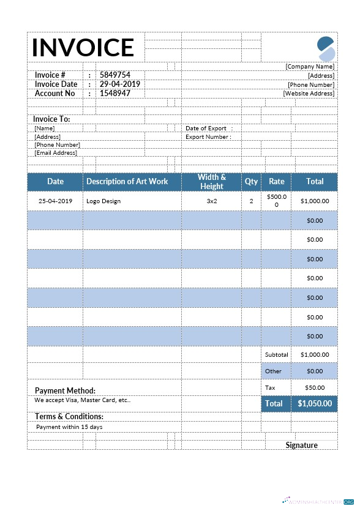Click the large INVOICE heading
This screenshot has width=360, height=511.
click(83, 47)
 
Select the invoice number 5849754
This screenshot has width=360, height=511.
click(115, 75)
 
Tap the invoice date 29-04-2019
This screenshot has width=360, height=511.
click(120, 84)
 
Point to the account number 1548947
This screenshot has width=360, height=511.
click(115, 94)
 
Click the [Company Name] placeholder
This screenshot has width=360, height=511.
click(310, 66)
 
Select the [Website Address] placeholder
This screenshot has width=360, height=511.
click(309, 94)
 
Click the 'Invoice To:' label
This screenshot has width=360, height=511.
click(51, 119)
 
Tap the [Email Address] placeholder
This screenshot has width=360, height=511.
click(56, 153)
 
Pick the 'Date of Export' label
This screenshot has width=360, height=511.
click(206, 129)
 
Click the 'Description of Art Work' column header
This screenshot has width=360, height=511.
click(127, 182)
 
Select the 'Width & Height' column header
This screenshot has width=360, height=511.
click(212, 182)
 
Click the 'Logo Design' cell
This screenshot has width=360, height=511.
click(103, 201)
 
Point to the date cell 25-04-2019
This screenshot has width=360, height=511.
click(55, 201)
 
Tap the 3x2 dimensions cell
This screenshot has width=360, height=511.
click(212, 201)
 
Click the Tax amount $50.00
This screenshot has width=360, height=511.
click(315, 387)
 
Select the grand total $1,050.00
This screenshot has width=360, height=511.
click(315, 404)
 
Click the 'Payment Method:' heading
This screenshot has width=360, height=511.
click(65, 390)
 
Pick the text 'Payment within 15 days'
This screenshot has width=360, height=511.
click(69, 427)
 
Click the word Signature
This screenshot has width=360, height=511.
click(301, 445)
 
